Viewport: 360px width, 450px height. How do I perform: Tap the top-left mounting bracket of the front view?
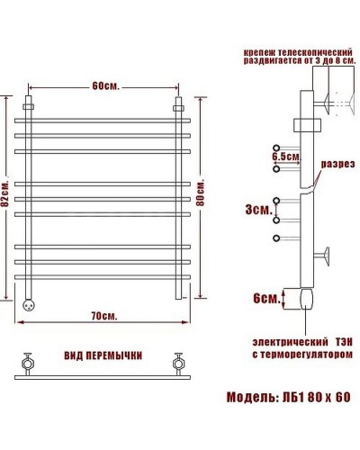[31, 104]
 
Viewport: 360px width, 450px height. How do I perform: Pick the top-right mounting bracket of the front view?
[178, 104]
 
